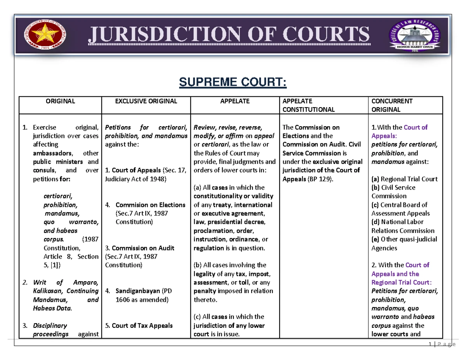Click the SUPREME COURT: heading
[x=232, y=83]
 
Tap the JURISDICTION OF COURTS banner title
[x=229, y=35]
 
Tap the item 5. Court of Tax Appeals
[x=139, y=325]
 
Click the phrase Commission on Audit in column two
[x=143, y=248]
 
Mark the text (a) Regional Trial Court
[x=404, y=179]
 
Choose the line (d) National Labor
[x=398, y=222]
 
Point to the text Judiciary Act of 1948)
[x=135, y=179]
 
